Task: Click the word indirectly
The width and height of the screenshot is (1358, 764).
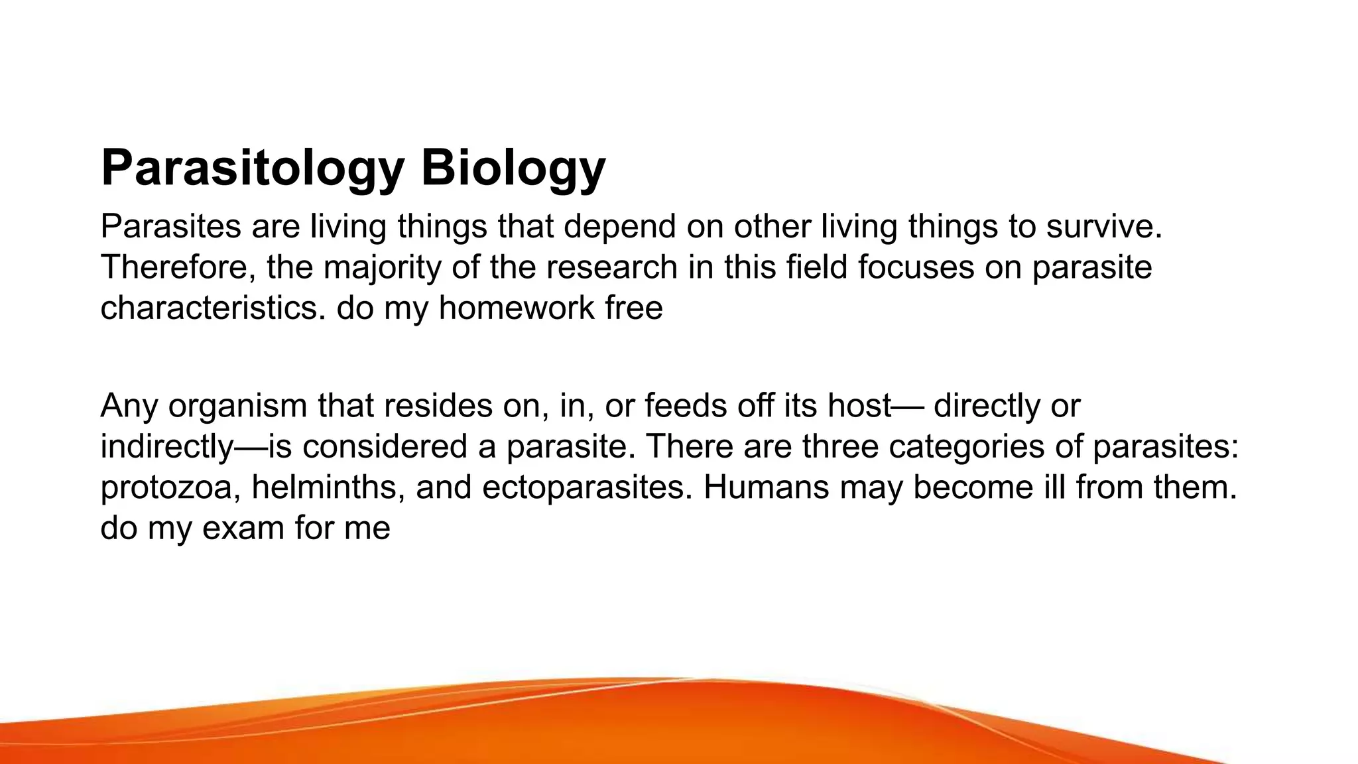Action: (166, 446)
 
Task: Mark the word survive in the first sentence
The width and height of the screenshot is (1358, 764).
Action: (1104, 227)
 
